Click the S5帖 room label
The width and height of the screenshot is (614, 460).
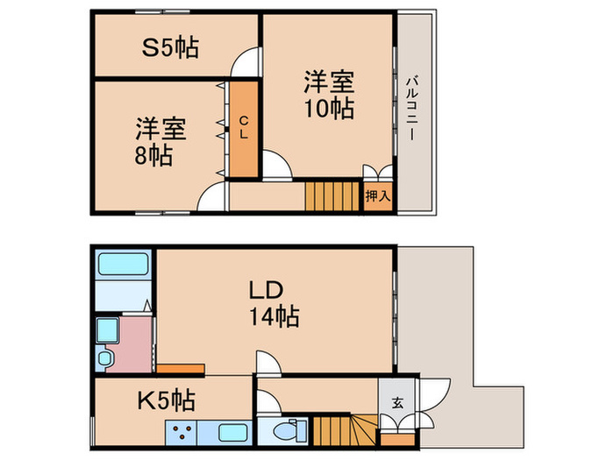click(x=170, y=46)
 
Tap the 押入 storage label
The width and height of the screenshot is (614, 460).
click(x=377, y=196)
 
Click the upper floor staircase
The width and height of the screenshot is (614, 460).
click(x=332, y=195)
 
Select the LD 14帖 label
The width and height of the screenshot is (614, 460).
click(x=272, y=302)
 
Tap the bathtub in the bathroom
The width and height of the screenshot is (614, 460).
click(x=123, y=265)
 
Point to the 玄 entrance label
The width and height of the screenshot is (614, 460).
click(x=397, y=403)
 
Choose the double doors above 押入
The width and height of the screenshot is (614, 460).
click(x=377, y=172)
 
